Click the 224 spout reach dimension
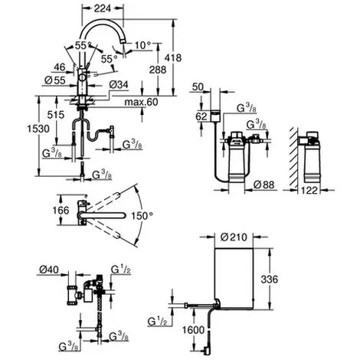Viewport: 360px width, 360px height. [x=103, y=8]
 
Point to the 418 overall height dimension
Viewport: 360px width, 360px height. [x=173, y=58]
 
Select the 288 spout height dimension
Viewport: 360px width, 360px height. [x=158, y=70]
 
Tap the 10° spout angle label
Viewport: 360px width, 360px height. [x=143, y=45]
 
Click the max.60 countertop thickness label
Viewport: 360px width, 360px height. [x=141, y=102]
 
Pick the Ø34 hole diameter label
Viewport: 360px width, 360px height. [x=119, y=85]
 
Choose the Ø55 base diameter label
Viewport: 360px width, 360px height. [x=55, y=80]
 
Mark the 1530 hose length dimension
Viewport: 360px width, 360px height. [x=38, y=129]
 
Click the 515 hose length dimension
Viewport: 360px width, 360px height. [x=56, y=115]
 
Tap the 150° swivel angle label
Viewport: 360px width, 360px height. [x=142, y=216]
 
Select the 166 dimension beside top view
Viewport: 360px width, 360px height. [x=61, y=211]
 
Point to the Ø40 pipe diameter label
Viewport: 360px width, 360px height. [x=49, y=270]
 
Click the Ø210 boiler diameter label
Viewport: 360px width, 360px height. [x=234, y=237]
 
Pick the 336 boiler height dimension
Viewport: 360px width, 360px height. [x=270, y=279]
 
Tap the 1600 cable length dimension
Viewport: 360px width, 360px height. [x=193, y=330]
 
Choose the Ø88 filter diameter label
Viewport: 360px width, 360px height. [x=264, y=185]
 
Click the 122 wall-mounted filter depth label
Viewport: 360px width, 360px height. [x=309, y=190]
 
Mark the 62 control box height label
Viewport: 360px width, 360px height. [x=201, y=116]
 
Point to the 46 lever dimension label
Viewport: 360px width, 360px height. [x=60, y=67]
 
